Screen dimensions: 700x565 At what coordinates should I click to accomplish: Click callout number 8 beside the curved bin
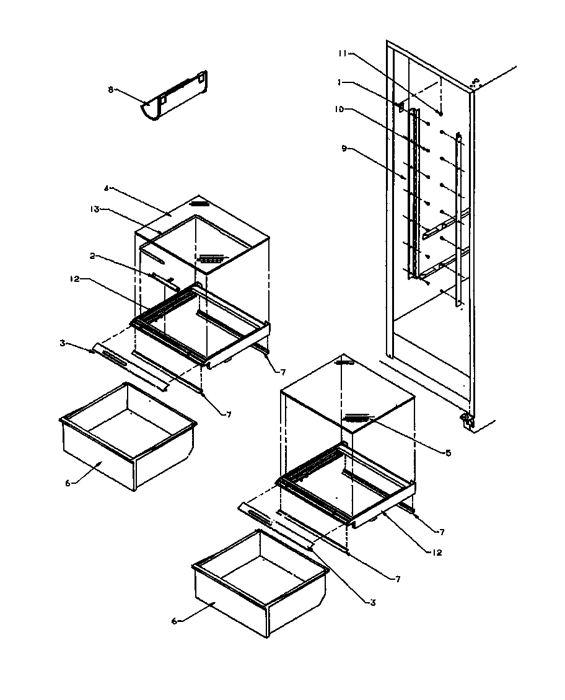coord(110,89)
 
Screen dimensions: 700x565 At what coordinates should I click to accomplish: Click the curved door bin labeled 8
coord(175,98)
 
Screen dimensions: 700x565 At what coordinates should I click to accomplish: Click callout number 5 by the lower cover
coord(448,452)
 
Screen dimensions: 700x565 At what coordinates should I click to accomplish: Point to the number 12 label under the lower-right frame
coord(438,552)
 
